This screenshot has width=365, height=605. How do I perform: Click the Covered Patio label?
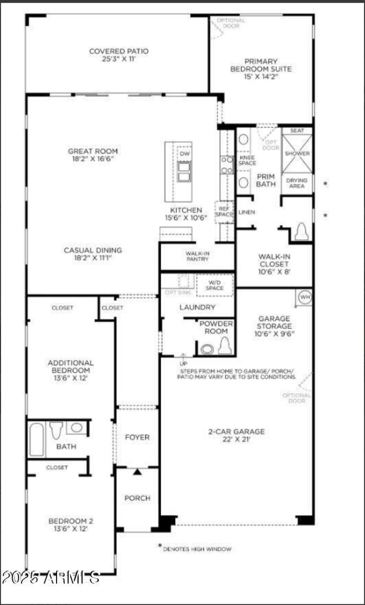(x=119, y=55)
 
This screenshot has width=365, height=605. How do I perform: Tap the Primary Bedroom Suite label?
(x=267, y=69)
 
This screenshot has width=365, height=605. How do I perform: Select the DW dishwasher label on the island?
(x=184, y=154)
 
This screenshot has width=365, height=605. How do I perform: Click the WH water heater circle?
(x=305, y=297)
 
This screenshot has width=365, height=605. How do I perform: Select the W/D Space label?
(x=214, y=286)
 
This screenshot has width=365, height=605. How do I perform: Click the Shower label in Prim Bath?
(x=297, y=154)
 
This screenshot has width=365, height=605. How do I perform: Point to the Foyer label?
(x=137, y=437)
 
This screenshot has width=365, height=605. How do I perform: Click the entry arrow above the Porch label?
(x=137, y=472)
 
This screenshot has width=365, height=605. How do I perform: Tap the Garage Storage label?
(x=274, y=326)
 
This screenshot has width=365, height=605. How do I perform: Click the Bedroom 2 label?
(x=71, y=524)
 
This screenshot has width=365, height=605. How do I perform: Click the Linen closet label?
(x=246, y=212)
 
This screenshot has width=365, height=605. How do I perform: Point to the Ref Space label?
(x=224, y=211)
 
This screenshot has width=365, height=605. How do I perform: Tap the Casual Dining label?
(x=93, y=254)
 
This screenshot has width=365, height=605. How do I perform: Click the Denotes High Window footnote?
(x=196, y=549)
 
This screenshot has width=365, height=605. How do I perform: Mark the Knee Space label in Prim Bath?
(x=247, y=160)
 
